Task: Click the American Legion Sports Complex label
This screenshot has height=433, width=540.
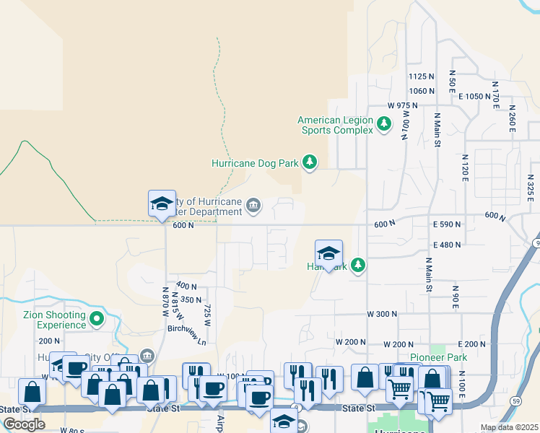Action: tap(335, 125)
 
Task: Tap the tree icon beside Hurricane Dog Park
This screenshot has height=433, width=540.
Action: tap(310, 162)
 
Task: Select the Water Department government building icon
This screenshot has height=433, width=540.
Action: tap(253, 206)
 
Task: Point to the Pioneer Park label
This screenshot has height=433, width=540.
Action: tap(439, 357)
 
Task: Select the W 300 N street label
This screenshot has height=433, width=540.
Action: tap(382, 315)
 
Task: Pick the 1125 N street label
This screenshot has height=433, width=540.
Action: tap(422, 76)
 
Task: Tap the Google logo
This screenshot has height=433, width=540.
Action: tap(24, 424)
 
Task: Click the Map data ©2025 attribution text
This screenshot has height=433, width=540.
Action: tap(510, 427)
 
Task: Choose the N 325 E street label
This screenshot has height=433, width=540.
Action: tap(529, 187)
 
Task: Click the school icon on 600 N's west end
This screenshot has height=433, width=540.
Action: tap(162, 204)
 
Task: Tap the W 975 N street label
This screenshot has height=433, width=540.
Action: tap(402, 105)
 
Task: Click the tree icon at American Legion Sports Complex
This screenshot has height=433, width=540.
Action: tap(385, 124)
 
